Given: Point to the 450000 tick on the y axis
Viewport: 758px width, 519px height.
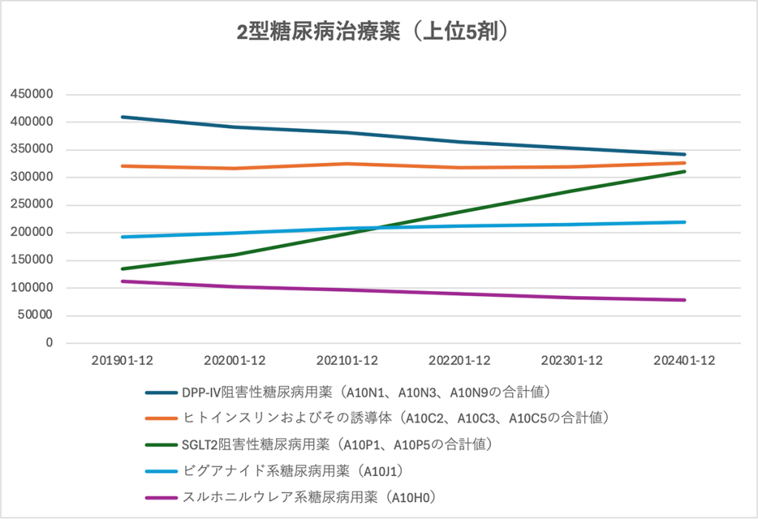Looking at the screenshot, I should click(32, 95).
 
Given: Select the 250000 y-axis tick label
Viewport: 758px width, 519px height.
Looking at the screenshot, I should click(32, 205).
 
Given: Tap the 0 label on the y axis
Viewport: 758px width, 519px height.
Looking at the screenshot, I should click(50, 344).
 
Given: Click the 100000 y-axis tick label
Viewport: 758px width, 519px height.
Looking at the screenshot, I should click(32, 288).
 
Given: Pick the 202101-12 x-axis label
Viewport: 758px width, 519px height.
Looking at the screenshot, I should click(347, 361).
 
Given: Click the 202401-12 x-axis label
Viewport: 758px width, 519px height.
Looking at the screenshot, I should click(685, 361).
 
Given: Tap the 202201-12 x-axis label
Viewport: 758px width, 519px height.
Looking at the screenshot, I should click(460, 361).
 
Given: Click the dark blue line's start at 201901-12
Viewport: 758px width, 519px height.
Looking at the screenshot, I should click(121, 117).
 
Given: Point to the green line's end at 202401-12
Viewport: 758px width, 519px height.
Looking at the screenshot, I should click(685, 172).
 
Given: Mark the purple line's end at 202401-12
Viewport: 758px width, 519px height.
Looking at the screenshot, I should click(685, 300).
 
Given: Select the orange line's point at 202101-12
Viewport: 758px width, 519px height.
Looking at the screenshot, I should click(347, 164).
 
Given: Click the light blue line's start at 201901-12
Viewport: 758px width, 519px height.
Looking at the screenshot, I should click(121, 237).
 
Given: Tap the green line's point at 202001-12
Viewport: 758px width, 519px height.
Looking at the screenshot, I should click(235, 255).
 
